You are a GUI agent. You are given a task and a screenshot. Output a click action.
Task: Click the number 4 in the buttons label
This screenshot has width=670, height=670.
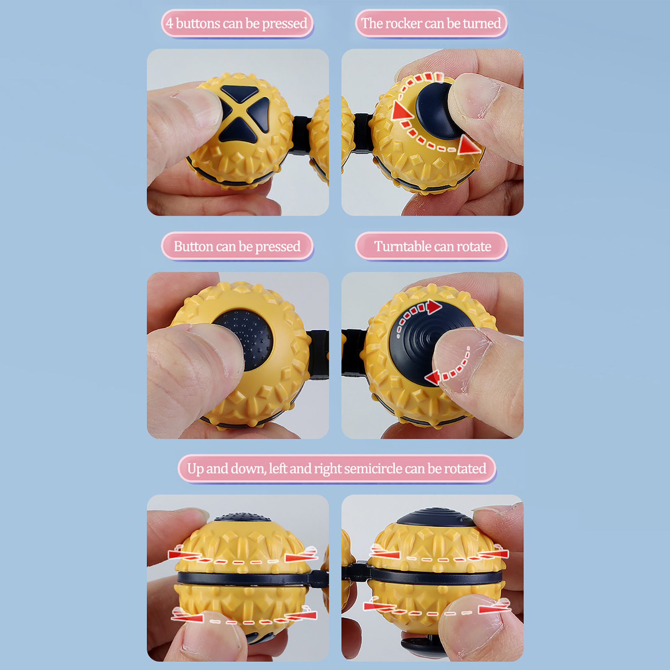pos(169,23)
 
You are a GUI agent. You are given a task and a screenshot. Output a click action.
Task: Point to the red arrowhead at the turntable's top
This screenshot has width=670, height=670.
pos(434,307)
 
